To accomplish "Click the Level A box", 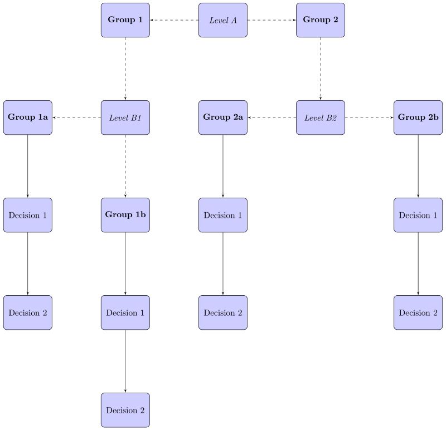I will [x=223, y=20].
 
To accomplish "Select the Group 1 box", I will [x=125, y=20].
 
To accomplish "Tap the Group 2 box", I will [x=321, y=20].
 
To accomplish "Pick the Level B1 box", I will [x=125, y=118].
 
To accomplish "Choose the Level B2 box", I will [x=321, y=118].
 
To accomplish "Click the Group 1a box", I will [x=28, y=118].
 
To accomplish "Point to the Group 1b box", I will [x=125, y=215].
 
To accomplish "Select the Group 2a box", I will [x=223, y=118].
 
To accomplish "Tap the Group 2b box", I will [x=418, y=118].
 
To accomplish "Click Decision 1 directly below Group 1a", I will [x=28, y=215].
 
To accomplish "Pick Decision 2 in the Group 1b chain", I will [x=125, y=410].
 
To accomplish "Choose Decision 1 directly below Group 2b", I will [x=418, y=215].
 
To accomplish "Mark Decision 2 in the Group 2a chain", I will [x=223, y=312].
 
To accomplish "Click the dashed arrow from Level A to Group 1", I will [x=174, y=20].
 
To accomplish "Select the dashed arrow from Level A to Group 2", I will [x=272, y=20].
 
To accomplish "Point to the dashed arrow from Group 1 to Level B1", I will [x=125, y=69].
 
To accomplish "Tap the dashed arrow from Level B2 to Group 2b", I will [x=369, y=118].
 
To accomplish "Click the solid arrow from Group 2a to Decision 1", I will [x=223, y=166].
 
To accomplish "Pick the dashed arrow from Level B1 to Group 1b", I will [x=125, y=166].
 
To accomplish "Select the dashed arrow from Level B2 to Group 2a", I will [x=272, y=118].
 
